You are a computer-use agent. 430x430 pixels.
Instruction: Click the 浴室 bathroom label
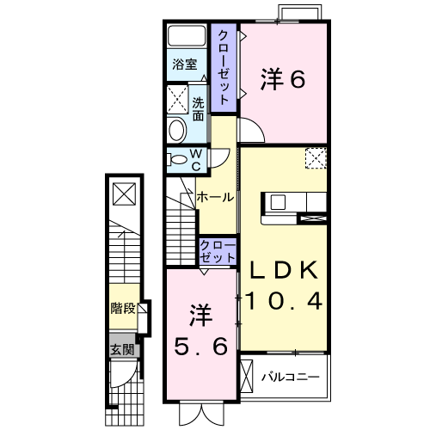(x=185, y=64)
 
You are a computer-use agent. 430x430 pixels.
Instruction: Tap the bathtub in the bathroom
(x=187, y=36)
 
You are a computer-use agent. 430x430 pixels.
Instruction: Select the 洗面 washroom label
(x=198, y=108)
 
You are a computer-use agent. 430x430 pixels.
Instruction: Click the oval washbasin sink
(x=176, y=130)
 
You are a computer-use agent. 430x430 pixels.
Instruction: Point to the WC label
(x=196, y=160)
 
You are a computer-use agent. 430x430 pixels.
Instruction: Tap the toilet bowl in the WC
(x=177, y=159)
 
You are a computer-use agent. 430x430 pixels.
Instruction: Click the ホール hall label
(x=215, y=197)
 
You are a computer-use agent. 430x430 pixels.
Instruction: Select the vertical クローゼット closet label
(x=224, y=67)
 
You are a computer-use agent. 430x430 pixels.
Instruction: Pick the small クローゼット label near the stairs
(x=218, y=251)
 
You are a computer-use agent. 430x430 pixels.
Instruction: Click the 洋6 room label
(x=283, y=79)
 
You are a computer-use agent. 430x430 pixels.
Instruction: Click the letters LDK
(x=285, y=270)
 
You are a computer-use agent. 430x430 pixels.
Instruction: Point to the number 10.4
(x=284, y=301)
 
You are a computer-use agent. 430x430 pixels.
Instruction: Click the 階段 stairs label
(x=123, y=308)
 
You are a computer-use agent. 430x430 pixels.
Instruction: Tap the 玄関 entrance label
(x=122, y=350)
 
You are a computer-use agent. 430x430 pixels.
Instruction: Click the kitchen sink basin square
(x=278, y=202)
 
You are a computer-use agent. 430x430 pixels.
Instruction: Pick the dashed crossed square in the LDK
(x=316, y=158)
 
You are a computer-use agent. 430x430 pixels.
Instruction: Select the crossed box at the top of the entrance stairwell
(x=124, y=194)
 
